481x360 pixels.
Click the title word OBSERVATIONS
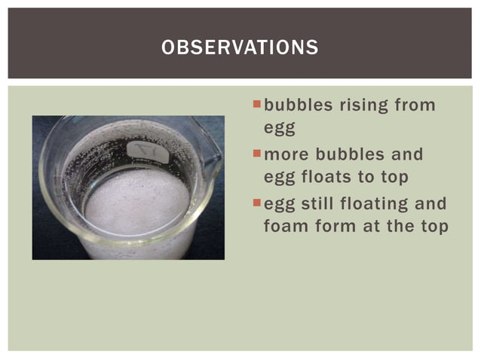click(240, 48)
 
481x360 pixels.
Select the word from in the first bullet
click(415, 105)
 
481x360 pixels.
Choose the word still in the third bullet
click(316, 203)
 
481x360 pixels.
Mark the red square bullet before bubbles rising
click(257, 103)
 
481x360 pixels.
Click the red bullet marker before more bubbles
click(257, 154)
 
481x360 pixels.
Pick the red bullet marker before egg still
click(257, 203)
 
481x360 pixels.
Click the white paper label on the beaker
click(143, 148)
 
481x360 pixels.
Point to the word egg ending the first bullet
click(278, 129)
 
